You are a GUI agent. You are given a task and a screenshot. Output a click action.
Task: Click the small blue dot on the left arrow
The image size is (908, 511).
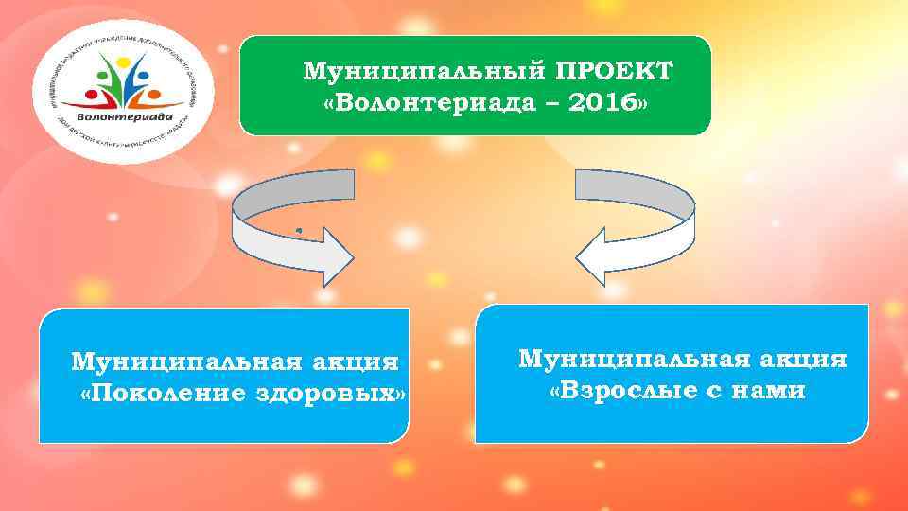[298, 230]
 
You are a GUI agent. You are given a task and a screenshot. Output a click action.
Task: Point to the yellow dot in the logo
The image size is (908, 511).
[125, 56]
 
